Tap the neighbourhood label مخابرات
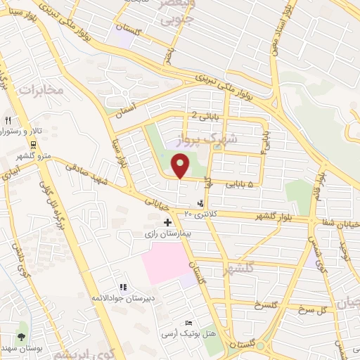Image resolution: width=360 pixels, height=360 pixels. pos(41,89)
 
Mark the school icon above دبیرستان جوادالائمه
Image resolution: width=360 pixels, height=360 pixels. pos(123,287)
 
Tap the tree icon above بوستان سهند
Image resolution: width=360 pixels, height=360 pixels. pos(21,336)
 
